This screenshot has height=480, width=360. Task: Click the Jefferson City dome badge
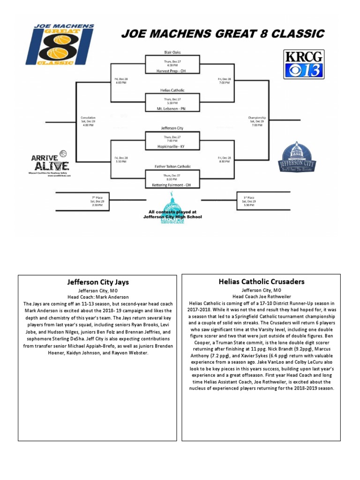coord(297,158)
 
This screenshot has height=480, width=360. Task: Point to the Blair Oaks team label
coord(172,52)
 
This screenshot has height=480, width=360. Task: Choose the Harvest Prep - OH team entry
coord(172,71)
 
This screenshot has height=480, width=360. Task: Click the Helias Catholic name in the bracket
coord(172,90)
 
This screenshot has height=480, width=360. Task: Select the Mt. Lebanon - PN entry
coord(172,108)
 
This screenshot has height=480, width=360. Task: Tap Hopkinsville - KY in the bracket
coord(172,146)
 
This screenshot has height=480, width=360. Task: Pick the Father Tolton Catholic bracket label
coord(172,166)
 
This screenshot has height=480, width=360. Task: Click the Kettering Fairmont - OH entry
coord(172,185)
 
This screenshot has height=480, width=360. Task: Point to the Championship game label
coord(257,118)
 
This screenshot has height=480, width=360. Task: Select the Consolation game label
coord(88,118)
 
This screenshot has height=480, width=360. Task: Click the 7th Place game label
coord(97,198)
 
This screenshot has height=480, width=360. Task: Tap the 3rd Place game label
coord(248,198)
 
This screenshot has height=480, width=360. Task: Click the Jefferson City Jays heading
coord(97,282)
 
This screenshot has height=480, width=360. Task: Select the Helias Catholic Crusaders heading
coord(261,282)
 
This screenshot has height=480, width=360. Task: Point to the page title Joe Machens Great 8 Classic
coord(223,34)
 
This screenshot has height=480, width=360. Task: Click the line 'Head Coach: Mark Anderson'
coord(97,297)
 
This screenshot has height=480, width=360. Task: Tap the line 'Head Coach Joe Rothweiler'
coord(261,297)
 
